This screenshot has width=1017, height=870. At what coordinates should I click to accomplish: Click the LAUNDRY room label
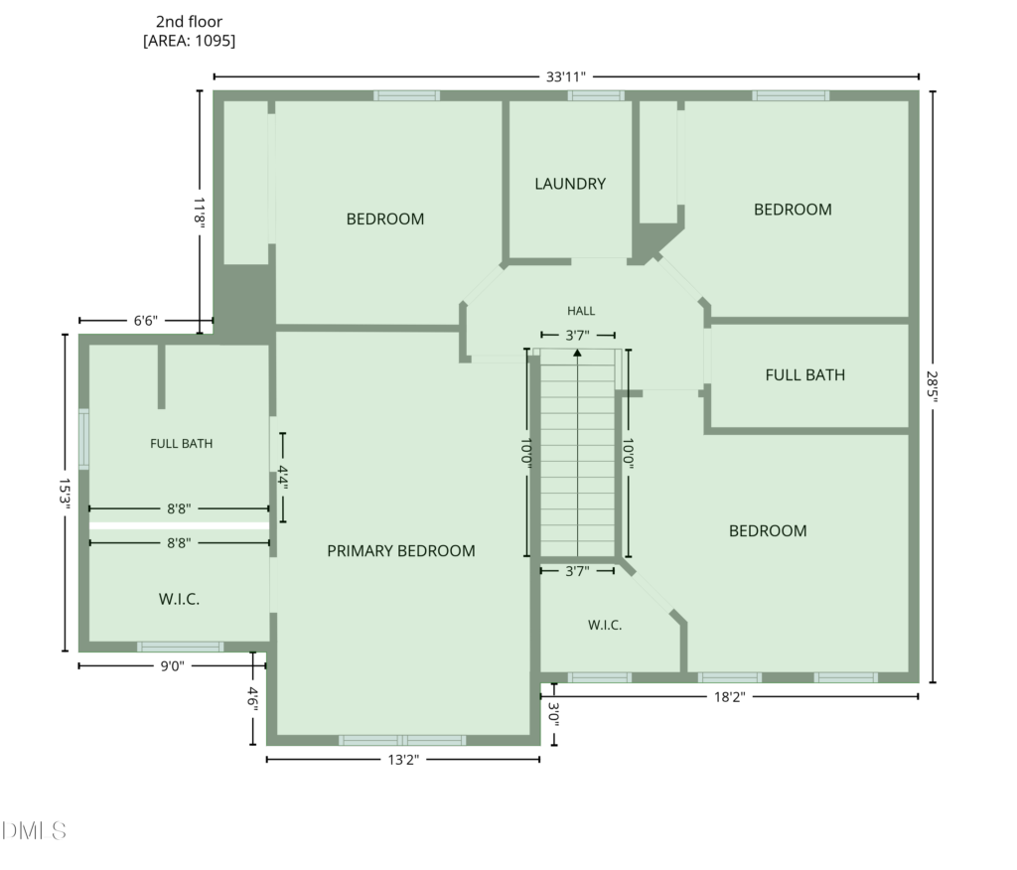(570, 184)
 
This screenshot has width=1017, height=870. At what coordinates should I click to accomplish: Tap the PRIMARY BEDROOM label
(401, 551)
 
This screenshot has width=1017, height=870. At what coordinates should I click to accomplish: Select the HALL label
(581, 311)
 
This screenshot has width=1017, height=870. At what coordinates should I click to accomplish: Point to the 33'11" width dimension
(565, 76)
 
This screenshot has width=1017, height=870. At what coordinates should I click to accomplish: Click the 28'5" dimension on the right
(932, 386)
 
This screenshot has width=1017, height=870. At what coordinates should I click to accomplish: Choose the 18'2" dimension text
(730, 697)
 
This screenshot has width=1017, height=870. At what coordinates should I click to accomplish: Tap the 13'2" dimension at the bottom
(403, 760)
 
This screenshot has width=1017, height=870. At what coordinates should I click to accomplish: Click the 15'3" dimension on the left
(65, 494)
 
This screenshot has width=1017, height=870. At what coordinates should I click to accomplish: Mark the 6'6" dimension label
(145, 321)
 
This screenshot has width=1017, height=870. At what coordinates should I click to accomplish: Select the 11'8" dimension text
(199, 211)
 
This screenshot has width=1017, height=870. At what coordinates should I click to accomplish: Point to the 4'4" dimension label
(283, 478)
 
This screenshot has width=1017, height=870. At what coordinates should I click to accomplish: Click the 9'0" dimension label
(173, 666)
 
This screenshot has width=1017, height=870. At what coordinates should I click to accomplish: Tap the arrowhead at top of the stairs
(577, 353)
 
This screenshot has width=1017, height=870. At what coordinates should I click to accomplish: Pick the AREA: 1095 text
(189, 41)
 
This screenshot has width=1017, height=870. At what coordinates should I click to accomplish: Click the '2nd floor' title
(189, 22)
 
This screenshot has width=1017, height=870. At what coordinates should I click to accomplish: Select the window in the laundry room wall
(596, 96)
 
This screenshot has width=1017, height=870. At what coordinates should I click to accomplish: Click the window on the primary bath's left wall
(83, 439)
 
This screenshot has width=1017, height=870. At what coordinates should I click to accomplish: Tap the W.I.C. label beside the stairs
(605, 626)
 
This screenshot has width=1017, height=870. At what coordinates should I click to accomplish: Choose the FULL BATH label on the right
(804, 375)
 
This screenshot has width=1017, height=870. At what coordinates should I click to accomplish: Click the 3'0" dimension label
(554, 714)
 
